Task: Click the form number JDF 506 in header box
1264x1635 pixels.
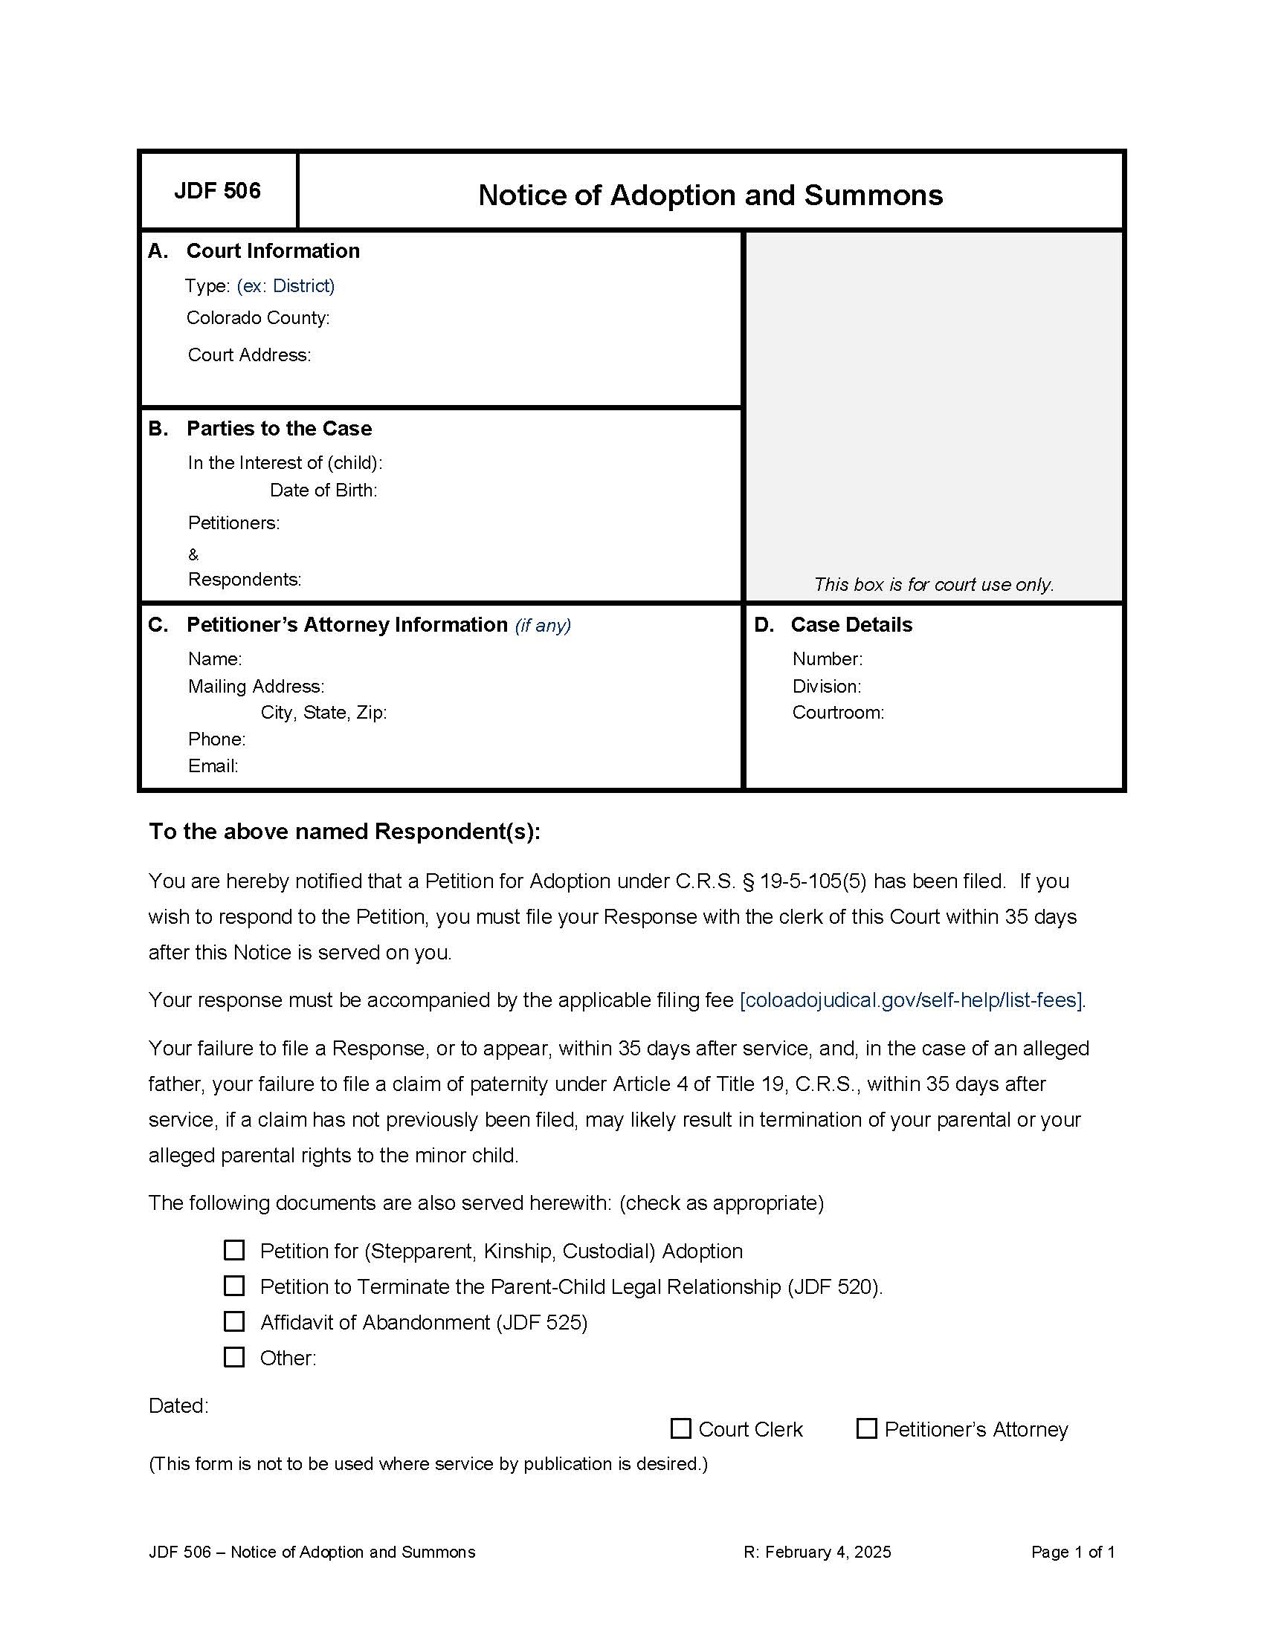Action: click(217, 191)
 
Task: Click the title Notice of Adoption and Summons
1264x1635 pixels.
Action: click(710, 195)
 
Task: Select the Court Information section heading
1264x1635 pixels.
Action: click(273, 250)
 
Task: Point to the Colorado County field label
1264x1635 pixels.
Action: click(257, 318)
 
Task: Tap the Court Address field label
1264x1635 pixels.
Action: click(248, 354)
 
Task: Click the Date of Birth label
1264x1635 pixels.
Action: click(323, 490)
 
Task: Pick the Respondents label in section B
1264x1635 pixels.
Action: click(244, 580)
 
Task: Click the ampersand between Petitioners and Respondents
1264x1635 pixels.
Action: click(193, 554)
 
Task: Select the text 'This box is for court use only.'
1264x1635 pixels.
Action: click(934, 585)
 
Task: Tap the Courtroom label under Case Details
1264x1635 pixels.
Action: click(838, 713)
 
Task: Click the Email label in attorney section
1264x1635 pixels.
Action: click(213, 765)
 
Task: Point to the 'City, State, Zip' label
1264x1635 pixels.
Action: click(323, 713)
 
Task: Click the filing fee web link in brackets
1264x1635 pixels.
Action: click(912, 1000)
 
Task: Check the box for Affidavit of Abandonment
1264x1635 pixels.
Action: click(234, 1321)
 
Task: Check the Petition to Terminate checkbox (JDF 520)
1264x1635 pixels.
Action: click(234, 1286)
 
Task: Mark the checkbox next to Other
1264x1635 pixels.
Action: click(234, 1356)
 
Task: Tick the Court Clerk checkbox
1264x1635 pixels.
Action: click(680, 1428)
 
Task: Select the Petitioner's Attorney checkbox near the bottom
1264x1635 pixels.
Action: click(866, 1428)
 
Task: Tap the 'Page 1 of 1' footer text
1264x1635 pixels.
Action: click(1072, 1552)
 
